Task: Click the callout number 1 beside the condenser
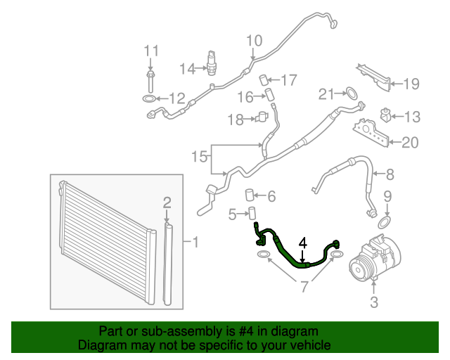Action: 195,243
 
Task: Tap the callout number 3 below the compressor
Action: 374,303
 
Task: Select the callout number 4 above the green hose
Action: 303,243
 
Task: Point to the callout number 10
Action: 254,40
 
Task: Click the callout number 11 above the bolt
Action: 152,51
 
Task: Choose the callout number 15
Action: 200,155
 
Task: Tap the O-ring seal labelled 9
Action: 384,223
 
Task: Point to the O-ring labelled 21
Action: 348,92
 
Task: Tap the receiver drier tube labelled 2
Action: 167,264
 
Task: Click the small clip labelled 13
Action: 385,114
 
